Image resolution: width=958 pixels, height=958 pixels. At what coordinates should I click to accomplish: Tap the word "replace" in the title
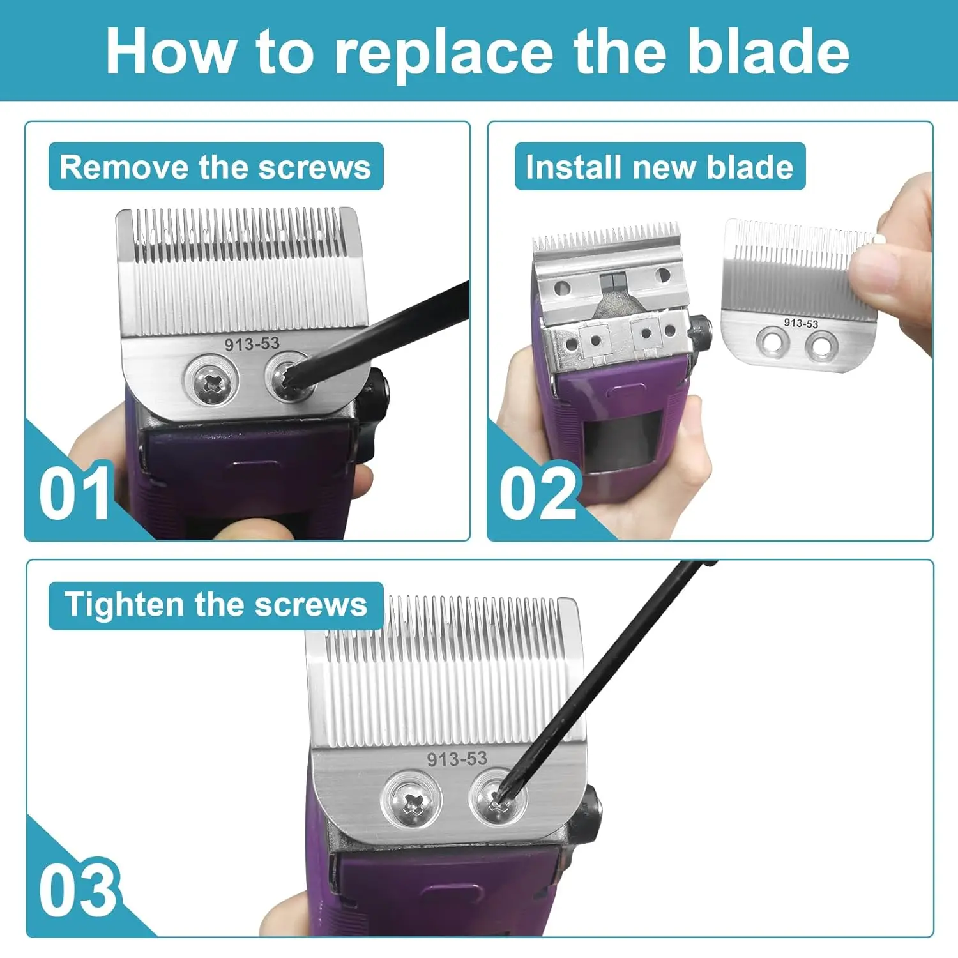tap(444, 54)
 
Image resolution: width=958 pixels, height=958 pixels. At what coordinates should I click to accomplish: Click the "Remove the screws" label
tap(216, 167)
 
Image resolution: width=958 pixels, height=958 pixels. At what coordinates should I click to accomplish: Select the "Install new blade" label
tap(660, 167)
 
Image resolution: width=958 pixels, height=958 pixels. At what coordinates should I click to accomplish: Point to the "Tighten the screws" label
tap(216, 605)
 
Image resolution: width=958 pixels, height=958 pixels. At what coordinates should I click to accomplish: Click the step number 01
tap(75, 493)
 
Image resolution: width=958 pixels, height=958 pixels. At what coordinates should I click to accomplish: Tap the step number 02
tap(538, 493)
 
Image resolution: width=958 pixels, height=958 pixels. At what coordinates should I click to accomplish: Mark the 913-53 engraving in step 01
tap(252, 344)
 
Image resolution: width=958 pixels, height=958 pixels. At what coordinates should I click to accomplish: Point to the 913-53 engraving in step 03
tap(457, 759)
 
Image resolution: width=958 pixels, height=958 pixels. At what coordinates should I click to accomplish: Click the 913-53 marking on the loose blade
tap(801, 323)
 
